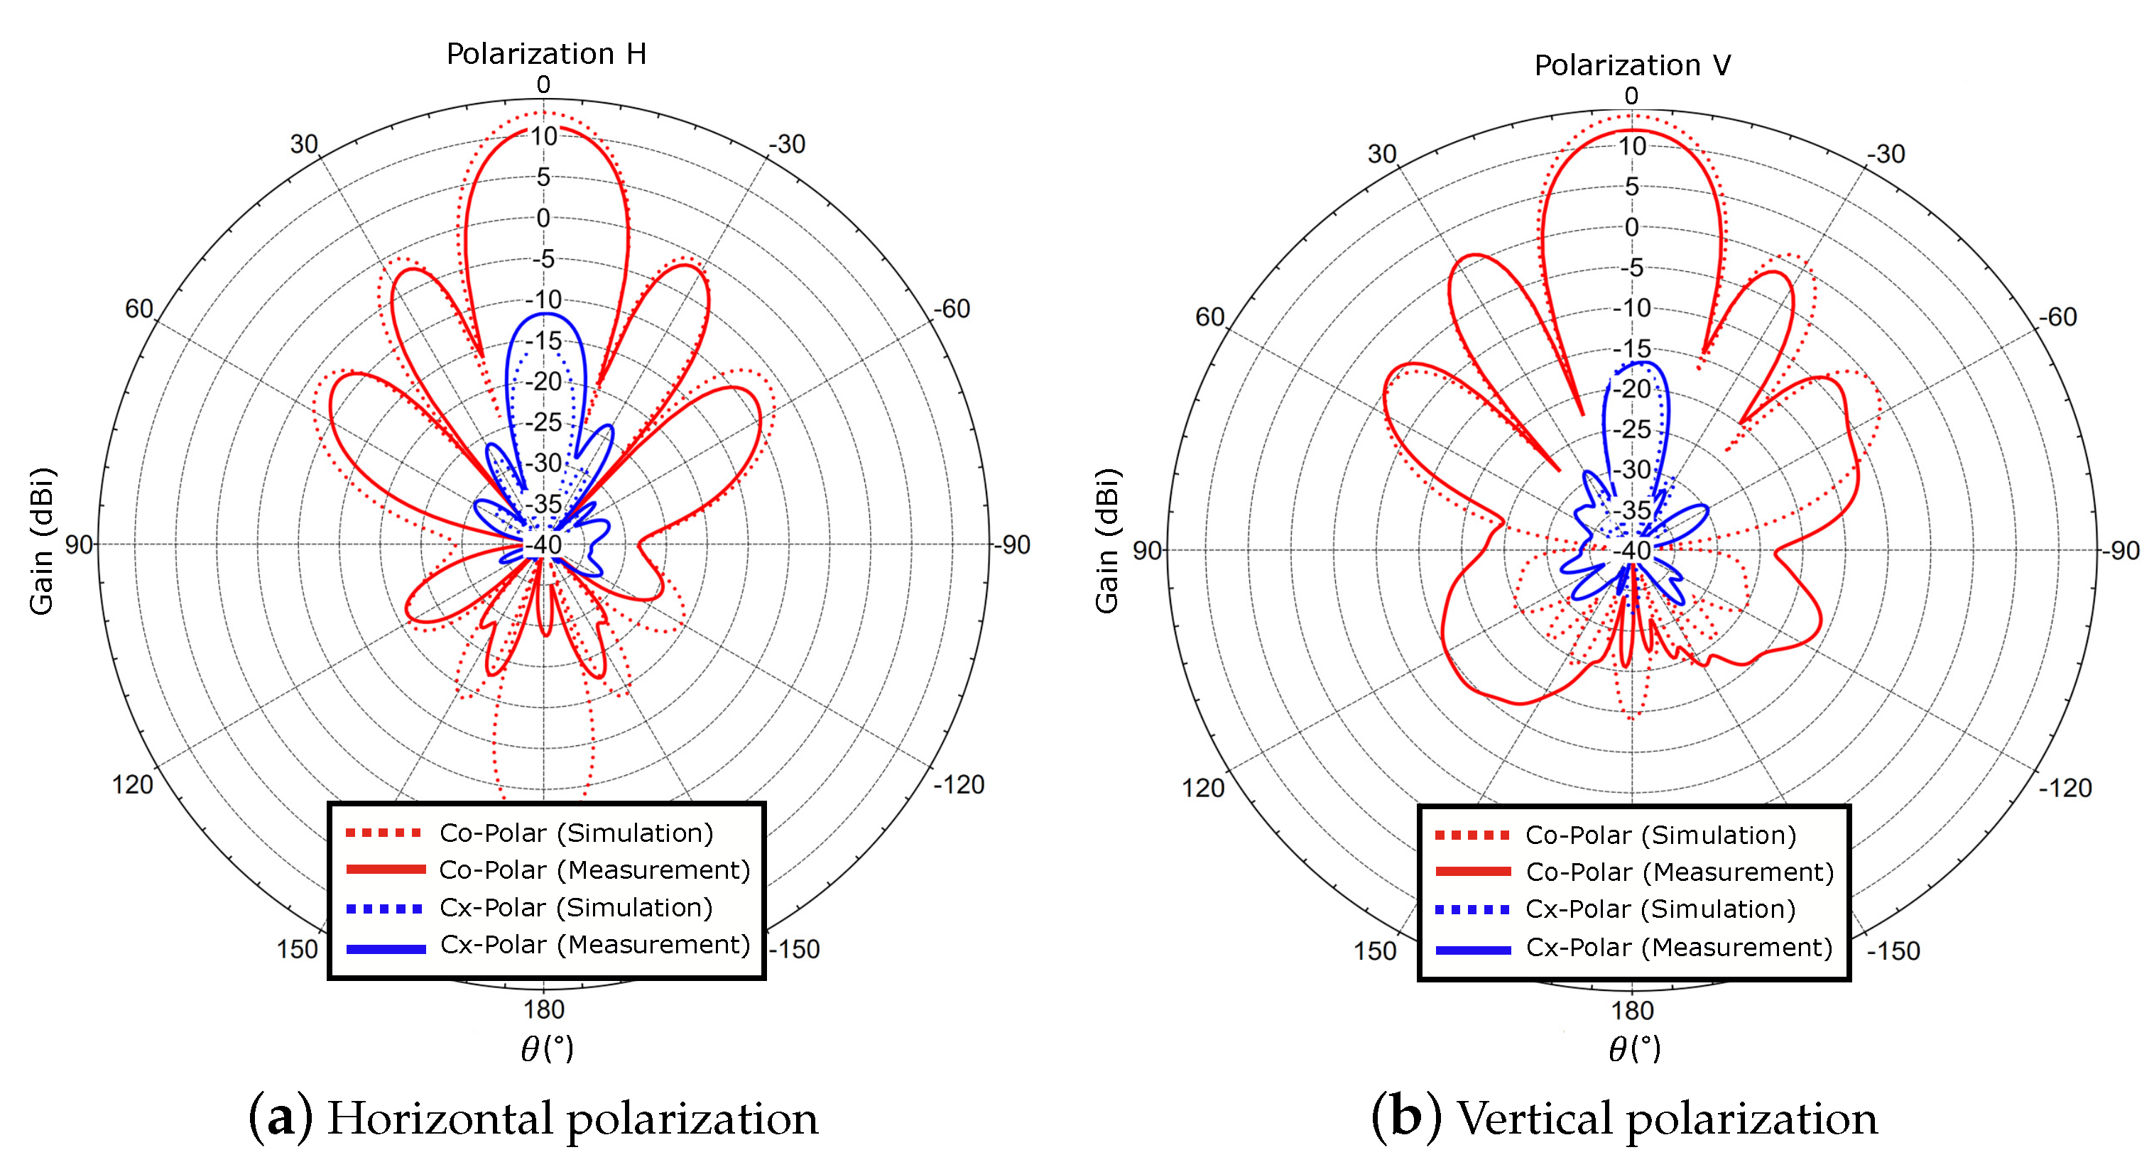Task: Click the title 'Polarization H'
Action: (546, 53)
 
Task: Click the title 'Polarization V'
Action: (1632, 65)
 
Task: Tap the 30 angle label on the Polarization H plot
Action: (305, 145)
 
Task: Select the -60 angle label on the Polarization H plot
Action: (952, 309)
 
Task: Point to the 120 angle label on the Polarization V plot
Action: (1202, 787)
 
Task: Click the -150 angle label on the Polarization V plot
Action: (1893, 951)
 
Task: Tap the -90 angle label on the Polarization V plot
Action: (2120, 551)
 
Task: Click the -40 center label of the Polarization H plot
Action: (544, 545)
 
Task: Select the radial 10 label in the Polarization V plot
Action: (1631, 146)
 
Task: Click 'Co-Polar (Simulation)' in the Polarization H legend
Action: (576, 833)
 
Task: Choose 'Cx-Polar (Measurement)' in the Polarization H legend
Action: (594, 945)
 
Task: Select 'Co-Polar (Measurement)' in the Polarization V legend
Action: (1679, 872)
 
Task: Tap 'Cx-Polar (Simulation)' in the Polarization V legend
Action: (1660, 909)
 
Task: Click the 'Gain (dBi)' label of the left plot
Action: (42, 542)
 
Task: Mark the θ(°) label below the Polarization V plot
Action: (1635, 1048)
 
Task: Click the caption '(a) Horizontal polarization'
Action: (533, 1119)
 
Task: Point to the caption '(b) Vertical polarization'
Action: (1624, 1119)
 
